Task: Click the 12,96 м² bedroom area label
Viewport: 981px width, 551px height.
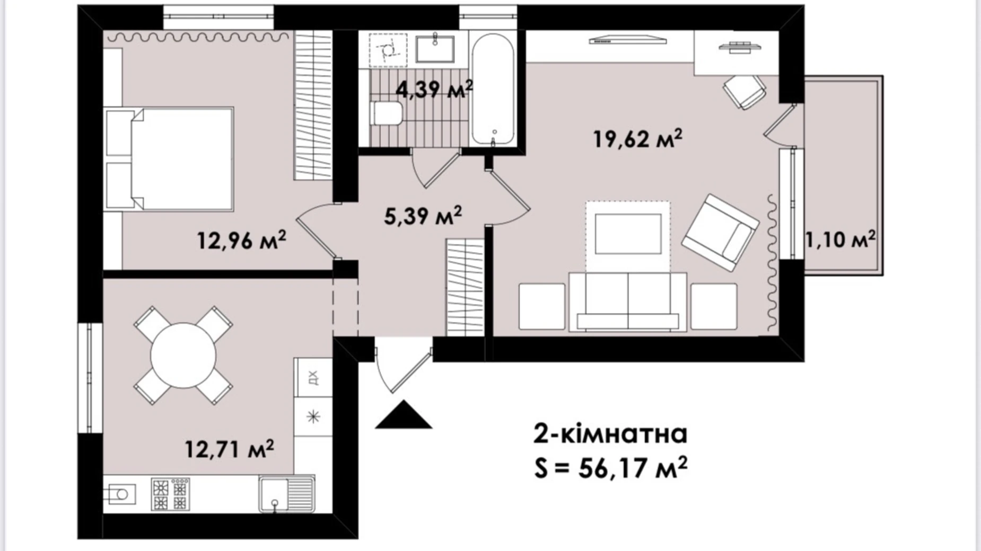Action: (x=242, y=240)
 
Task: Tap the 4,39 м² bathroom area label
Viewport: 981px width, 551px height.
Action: (x=434, y=89)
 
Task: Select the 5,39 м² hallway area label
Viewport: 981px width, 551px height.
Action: (x=423, y=216)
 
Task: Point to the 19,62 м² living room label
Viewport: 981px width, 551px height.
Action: (x=637, y=139)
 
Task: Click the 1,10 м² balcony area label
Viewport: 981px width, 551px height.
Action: (x=840, y=239)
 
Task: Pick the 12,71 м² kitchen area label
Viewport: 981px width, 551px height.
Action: (x=229, y=449)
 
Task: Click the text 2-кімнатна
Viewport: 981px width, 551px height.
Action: (x=610, y=434)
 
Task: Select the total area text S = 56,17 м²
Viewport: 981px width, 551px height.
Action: (x=611, y=468)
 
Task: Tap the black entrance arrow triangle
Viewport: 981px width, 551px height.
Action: (x=404, y=414)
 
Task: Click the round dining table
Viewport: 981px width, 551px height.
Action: (x=183, y=356)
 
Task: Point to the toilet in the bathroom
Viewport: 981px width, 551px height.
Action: (x=387, y=113)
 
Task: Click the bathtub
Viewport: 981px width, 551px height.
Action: (x=493, y=89)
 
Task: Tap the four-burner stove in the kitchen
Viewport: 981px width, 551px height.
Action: (x=171, y=494)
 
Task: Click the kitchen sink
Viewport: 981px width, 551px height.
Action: (x=287, y=493)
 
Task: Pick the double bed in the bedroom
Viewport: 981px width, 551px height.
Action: (x=169, y=159)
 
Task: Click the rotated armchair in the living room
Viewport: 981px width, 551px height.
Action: (x=720, y=233)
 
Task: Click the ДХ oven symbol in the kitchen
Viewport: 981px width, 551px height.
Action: (x=313, y=378)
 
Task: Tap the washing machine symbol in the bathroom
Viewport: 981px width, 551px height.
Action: (x=388, y=50)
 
